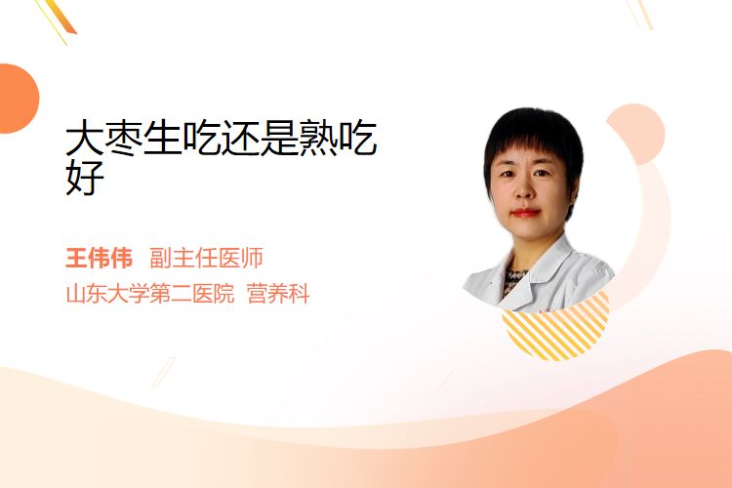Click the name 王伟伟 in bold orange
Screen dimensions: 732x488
tap(99, 259)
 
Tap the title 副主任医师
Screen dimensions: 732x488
tap(206, 259)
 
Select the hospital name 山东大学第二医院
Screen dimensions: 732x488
tap(150, 294)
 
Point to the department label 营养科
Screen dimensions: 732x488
tap(278, 294)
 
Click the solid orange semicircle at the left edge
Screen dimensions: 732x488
tap(18, 99)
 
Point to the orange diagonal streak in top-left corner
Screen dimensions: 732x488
tap(60, 19)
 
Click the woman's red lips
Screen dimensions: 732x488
tap(526, 214)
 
